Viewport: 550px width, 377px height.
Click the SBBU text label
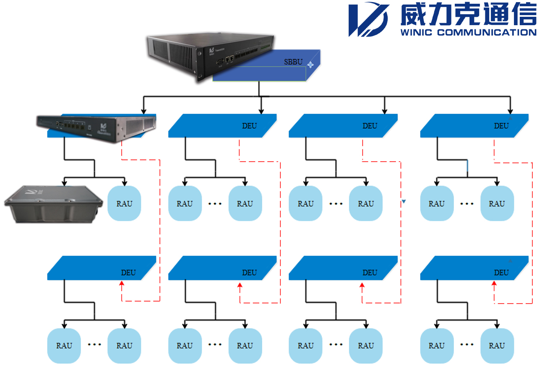(293, 62)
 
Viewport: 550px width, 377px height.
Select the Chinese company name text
(468, 15)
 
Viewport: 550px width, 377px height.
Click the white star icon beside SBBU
(310, 64)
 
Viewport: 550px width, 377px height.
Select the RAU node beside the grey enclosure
(124, 204)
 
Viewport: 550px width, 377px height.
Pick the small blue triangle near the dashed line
(404, 202)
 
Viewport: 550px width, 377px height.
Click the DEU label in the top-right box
(501, 126)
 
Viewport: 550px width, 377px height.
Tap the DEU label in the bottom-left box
(128, 272)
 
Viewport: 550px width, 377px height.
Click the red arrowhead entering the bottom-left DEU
(122, 285)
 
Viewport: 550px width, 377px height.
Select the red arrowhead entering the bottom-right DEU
(494, 285)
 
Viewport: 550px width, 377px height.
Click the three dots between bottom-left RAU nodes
(94, 345)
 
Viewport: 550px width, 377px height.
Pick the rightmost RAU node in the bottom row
(497, 346)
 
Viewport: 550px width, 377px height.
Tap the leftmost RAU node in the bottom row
(64, 346)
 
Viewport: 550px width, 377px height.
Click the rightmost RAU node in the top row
(497, 204)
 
